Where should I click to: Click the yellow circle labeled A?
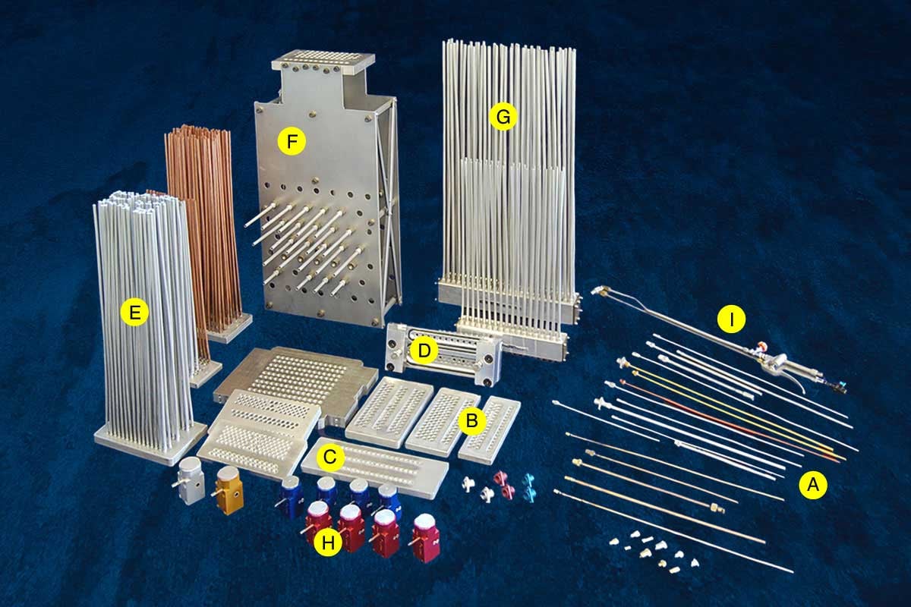pos(813,484)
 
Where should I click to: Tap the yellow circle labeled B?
pos(471,421)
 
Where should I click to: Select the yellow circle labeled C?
pos(329,457)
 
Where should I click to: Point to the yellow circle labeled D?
pos(424,350)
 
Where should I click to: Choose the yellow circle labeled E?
pos(134,313)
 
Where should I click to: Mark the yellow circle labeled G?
pos(503,117)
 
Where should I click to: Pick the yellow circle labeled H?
pos(328,542)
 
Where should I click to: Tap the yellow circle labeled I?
pos(732,319)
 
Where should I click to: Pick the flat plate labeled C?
pos(375,467)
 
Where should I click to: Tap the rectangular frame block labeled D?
pos(443,354)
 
